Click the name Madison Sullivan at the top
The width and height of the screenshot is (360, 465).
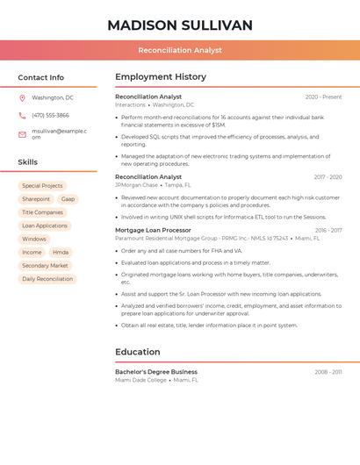coord(180,25)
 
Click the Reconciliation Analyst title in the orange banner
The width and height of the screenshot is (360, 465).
coord(180,51)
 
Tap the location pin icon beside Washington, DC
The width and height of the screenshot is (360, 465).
coord(22,97)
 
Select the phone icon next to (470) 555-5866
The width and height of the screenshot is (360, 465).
coord(22,115)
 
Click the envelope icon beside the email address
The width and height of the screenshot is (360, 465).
coord(22,133)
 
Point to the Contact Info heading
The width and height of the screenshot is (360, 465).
coord(41,77)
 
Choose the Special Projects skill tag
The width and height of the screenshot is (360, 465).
coord(42,186)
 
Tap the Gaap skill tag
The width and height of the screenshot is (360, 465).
coord(68,199)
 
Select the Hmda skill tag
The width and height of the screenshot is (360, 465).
coord(61,252)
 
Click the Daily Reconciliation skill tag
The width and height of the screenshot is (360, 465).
coord(47,279)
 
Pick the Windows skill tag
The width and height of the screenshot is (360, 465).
coord(34,239)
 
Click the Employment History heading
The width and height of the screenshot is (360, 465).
coord(161,77)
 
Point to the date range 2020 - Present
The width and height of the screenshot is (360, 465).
coord(323,97)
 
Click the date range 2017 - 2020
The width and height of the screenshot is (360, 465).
coord(328,177)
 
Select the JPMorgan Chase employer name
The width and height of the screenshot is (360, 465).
coord(136,185)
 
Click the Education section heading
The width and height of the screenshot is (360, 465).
coord(138,352)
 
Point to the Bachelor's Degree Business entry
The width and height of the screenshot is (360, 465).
coord(156,372)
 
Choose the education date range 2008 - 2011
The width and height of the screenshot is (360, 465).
coord(328,372)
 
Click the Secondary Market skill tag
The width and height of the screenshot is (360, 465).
coord(45,265)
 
